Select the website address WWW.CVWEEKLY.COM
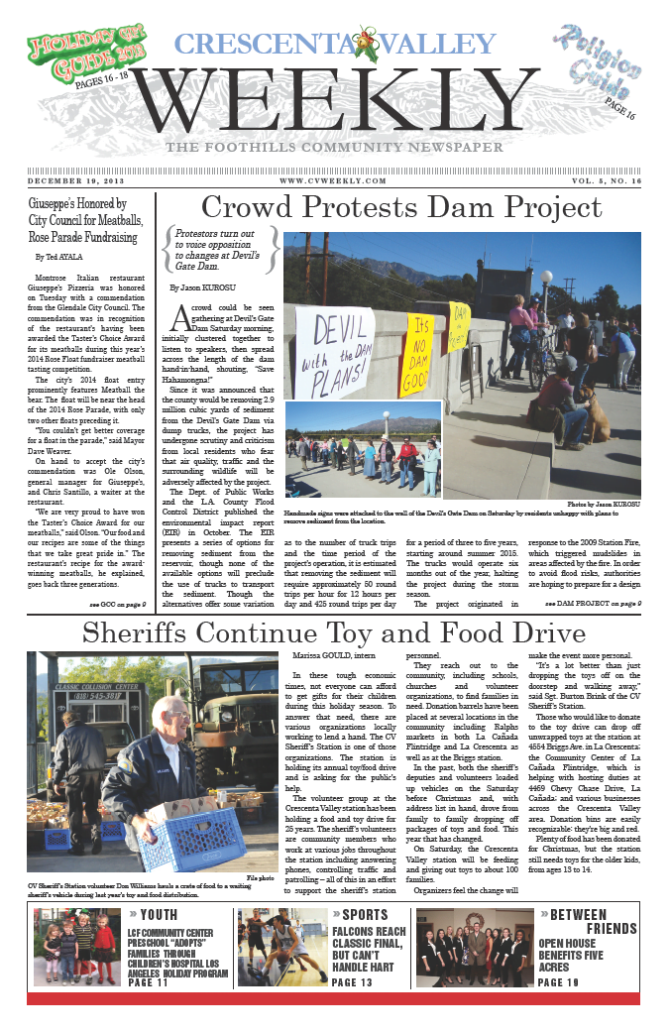click(x=333, y=181)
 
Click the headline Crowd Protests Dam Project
click(x=400, y=208)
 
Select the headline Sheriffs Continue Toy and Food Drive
click(x=333, y=631)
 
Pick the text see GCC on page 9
click(x=118, y=603)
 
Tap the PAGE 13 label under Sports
click(x=352, y=982)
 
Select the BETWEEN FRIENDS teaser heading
click(x=586, y=921)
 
